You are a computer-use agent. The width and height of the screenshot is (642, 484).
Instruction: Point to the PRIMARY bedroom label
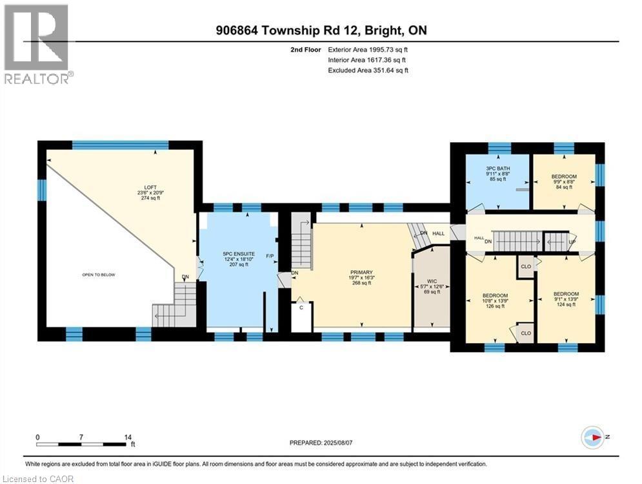coord(362,273)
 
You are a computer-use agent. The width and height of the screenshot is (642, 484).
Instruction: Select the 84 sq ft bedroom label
coord(564,176)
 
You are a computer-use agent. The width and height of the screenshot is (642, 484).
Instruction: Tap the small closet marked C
coord(301,309)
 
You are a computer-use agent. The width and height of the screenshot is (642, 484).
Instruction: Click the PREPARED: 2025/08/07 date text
coord(323,443)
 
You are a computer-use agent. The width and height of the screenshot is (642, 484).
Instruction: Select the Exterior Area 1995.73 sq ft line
coord(368,49)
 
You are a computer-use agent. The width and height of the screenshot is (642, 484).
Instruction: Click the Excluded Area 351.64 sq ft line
coord(368,70)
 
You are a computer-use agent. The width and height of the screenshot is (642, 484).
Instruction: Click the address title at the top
coord(321,30)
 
